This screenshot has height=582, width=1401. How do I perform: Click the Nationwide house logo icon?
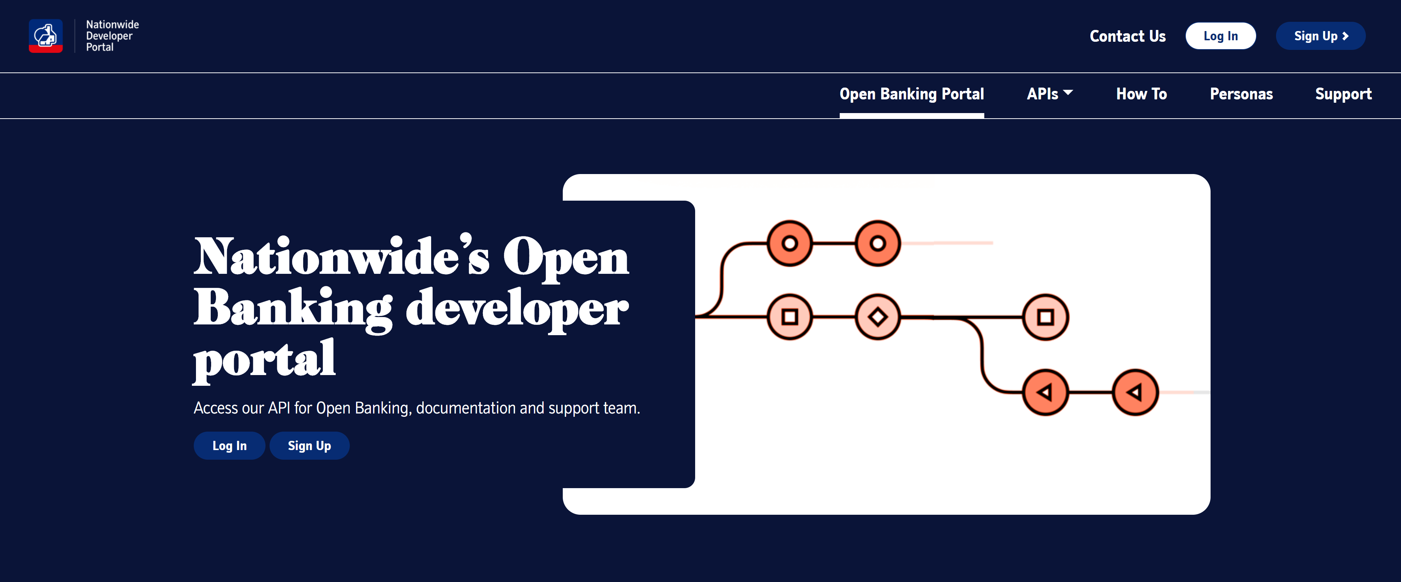click(46, 36)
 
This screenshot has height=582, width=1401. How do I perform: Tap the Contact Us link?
click(1127, 37)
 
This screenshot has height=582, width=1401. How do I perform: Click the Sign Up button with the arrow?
click(1320, 37)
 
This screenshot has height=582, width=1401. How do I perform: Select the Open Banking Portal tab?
click(911, 94)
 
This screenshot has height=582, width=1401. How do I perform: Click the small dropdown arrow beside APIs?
click(1068, 92)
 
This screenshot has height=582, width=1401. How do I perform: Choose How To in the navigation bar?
click(1141, 94)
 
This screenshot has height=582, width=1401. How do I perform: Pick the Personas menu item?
click(1241, 94)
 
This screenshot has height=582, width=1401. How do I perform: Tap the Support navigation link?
click(1343, 94)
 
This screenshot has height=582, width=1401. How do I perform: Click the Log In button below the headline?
click(229, 446)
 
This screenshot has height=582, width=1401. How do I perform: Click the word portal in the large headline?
click(265, 359)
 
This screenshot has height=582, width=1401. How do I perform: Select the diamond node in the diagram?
click(877, 317)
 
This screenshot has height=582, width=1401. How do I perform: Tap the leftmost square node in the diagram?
click(790, 317)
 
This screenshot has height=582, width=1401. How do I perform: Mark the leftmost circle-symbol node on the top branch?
click(790, 243)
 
